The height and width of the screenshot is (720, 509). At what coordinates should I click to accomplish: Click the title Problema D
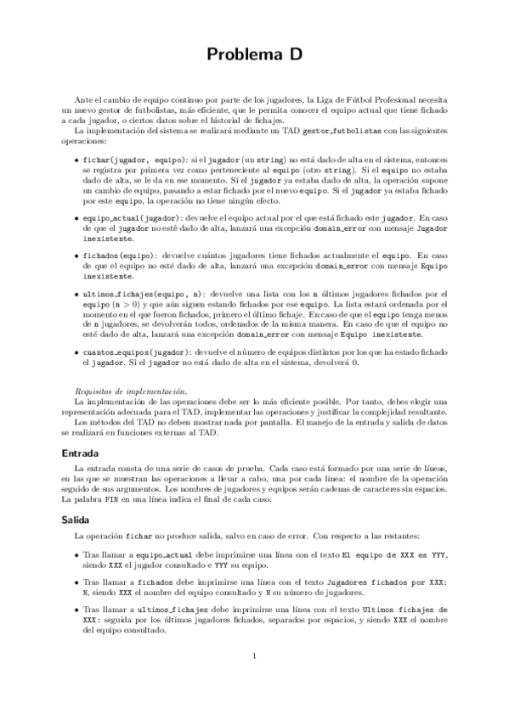[254, 55]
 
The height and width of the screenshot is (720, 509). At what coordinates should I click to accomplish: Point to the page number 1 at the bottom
[255, 654]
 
